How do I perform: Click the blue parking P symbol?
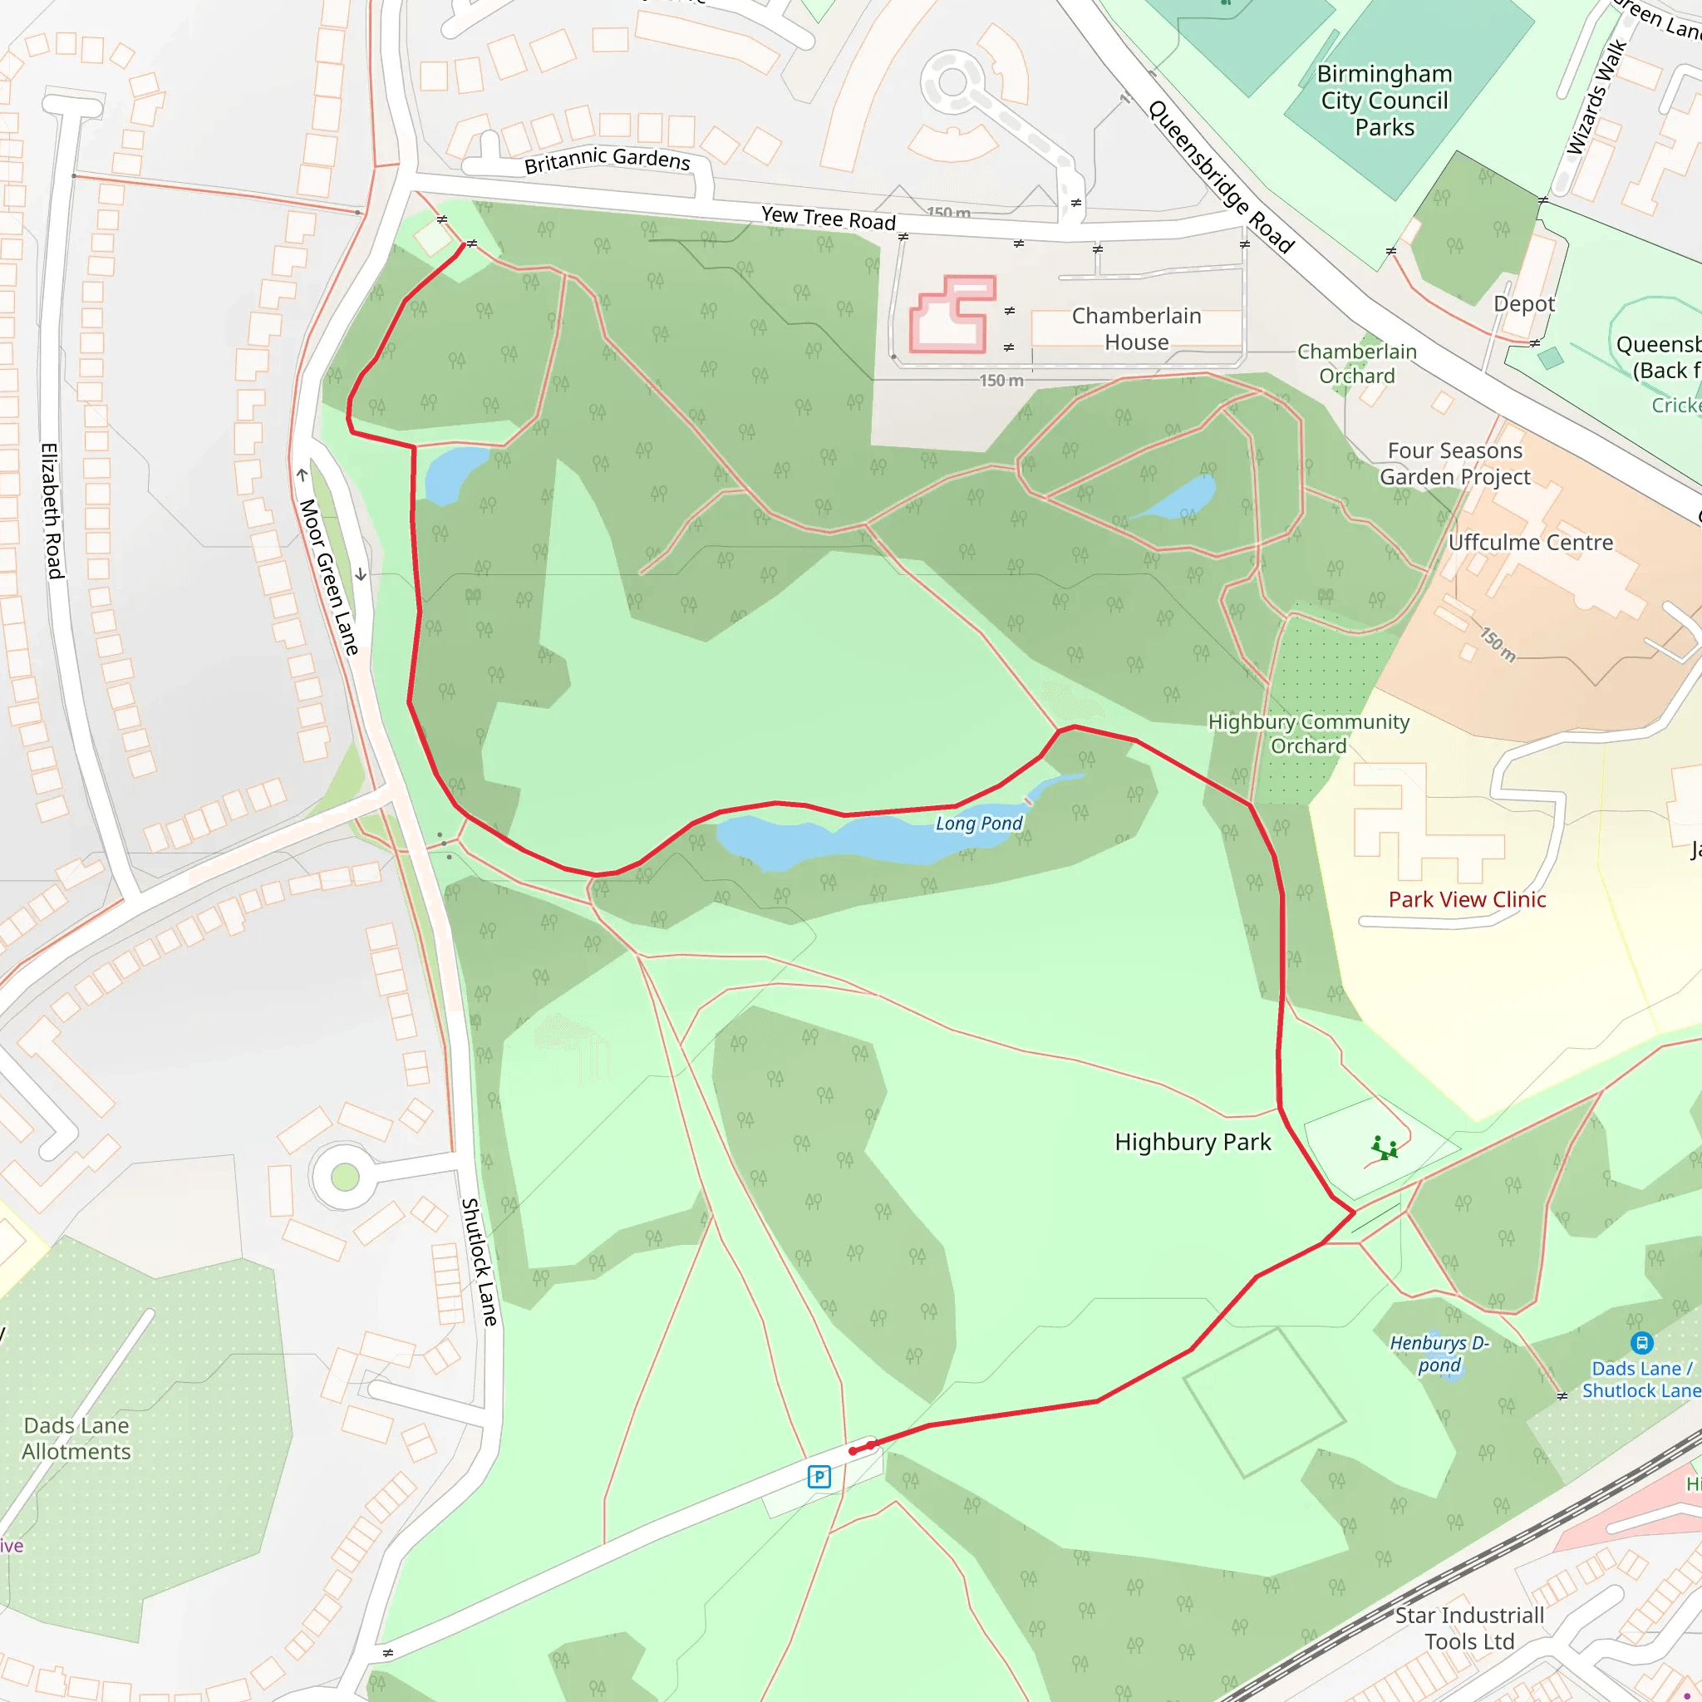tap(819, 1477)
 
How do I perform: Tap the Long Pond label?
tap(978, 824)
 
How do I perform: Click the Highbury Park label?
tap(1192, 1143)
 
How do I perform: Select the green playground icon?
tap(1384, 1149)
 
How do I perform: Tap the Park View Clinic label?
tap(1467, 899)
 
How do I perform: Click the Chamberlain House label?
tap(1135, 328)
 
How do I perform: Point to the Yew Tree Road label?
tap(828, 218)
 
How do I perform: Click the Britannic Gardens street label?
tap(607, 160)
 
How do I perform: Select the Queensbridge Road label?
tap(1220, 176)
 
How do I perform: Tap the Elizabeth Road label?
tap(53, 511)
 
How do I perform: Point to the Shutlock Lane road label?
tap(480, 1262)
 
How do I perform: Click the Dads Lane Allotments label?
tap(76, 1439)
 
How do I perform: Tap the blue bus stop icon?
tap(1641, 1343)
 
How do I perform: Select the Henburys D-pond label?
tap(1439, 1354)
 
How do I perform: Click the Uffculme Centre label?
tap(1530, 543)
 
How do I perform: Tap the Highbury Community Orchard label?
tap(1308, 734)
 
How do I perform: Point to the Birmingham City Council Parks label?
tap(1384, 101)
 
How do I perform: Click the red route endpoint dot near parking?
tap(853, 1451)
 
